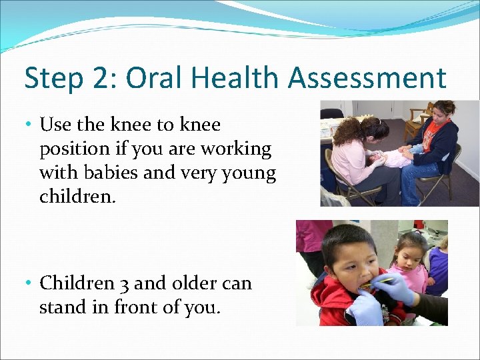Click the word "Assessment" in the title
[367, 78]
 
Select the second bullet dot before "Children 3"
[31, 284]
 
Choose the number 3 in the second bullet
[124, 283]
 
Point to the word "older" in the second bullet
[191, 283]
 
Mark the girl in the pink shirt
[409, 267]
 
